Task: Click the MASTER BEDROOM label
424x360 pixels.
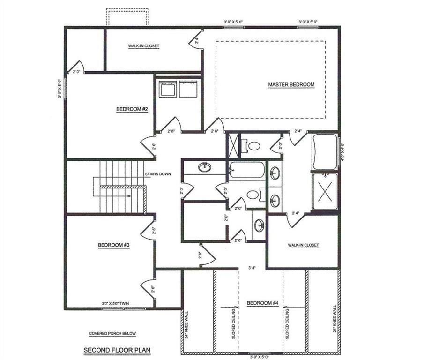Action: pyautogui.click(x=291, y=85)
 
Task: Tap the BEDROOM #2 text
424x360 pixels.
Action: pyautogui.click(x=132, y=109)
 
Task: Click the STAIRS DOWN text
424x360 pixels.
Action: pyautogui.click(x=157, y=174)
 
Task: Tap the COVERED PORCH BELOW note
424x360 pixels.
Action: pyautogui.click(x=112, y=334)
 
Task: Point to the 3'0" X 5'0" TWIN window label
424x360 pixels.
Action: pyautogui.click(x=115, y=304)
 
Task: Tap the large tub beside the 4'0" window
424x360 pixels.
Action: pyautogui.click(x=325, y=151)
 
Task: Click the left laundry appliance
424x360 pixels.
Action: pyautogui.click(x=167, y=89)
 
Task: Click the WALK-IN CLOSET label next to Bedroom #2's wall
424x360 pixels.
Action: pyautogui.click(x=144, y=46)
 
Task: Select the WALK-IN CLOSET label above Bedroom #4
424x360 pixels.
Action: pyautogui.click(x=303, y=245)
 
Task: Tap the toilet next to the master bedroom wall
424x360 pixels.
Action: pyautogui.click(x=253, y=146)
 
